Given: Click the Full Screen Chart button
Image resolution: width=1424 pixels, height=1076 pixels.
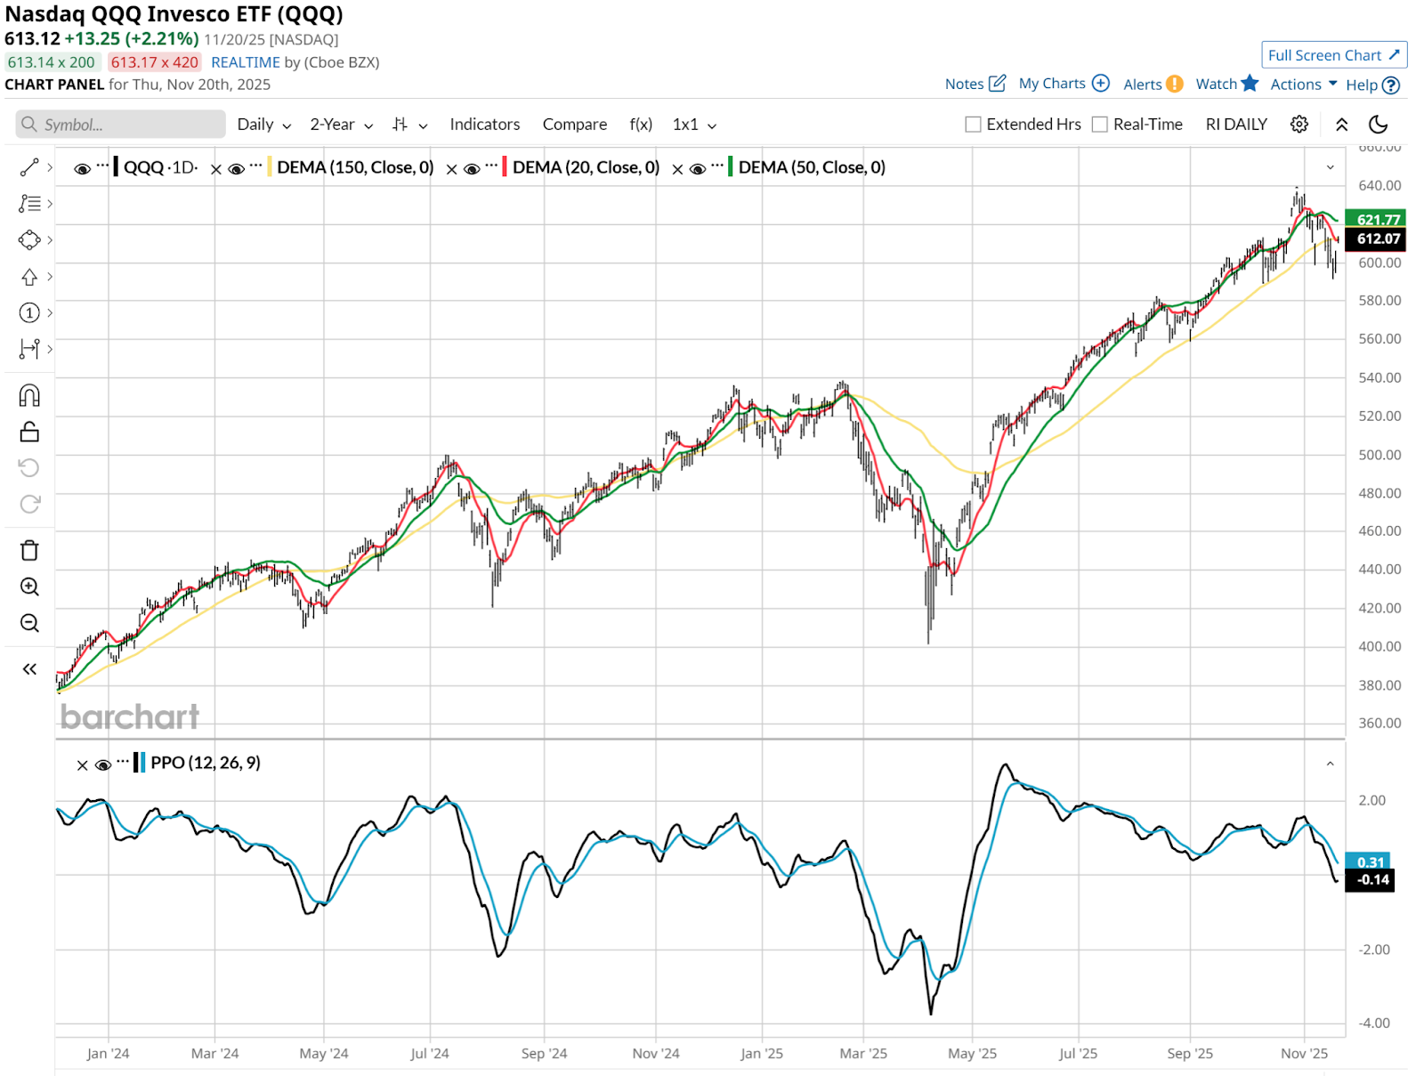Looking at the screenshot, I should click(1333, 55).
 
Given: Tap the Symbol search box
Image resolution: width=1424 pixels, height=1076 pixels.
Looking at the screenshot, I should click(121, 125).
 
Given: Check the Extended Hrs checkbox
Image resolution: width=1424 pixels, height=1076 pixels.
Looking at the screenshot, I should click(973, 125).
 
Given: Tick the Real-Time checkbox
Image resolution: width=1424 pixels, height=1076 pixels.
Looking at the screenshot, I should click(1100, 125).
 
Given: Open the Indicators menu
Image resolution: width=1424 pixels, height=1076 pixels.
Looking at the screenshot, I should click(484, 125).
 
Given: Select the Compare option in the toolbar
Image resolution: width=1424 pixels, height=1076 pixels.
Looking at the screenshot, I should click(574, 125).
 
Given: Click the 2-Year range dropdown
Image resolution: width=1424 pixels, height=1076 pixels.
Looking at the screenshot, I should click(341, 125).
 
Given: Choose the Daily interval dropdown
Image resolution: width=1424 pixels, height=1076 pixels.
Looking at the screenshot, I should click(263, 125).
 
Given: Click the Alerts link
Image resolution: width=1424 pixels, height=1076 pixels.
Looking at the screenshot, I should click(1153, 85).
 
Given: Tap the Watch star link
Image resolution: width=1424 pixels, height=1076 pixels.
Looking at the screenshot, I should click(1226, 84).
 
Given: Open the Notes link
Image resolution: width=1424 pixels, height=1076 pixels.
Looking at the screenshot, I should click(975, 84).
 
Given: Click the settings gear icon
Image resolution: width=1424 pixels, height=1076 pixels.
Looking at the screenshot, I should click(1299, 125).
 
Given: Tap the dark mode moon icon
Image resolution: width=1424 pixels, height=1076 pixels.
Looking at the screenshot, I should click(1378, 125).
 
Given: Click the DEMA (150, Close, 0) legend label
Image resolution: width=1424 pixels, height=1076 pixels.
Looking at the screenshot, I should click(355, 167).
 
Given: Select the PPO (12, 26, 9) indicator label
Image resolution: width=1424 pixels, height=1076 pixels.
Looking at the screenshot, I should click(206, 763).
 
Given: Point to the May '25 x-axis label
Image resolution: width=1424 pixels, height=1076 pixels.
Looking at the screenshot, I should click(972, 1054).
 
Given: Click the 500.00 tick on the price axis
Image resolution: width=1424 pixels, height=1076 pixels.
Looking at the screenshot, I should click(1379, 455).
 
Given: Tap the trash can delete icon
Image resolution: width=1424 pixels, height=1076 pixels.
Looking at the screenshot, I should click(29, 551).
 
